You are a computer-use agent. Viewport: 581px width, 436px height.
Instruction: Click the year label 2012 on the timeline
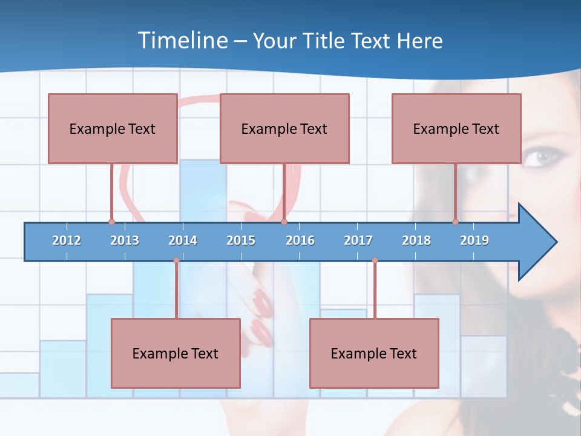click(67, 240)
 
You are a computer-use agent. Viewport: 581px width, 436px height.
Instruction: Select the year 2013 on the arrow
click(125, 240)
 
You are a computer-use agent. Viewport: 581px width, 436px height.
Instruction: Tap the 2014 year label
click(183, 240)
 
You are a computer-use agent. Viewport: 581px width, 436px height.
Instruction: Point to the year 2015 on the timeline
click(241, 240)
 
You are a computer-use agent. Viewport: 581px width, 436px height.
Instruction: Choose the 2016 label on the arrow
click(300, 240)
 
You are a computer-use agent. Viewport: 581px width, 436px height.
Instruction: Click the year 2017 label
click(358, 240)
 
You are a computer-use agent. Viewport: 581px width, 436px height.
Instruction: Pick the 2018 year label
click(416, 240)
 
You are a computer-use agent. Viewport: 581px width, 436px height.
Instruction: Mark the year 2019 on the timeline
click(474, 240)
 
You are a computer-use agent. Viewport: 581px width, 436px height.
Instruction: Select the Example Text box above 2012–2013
click(113, 128)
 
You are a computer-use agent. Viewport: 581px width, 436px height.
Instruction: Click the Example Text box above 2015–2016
click(284, 128)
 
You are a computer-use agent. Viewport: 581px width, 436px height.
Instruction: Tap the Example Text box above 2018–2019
click(456, 128)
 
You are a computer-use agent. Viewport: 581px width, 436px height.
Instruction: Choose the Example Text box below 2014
click(176, 353)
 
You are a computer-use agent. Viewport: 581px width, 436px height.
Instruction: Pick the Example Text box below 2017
click(374, 353)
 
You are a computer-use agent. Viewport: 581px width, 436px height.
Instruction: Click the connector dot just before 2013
click(111, 222)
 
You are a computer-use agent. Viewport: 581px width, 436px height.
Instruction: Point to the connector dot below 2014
click(176, 260)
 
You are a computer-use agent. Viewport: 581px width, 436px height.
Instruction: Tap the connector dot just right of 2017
click(375, 260)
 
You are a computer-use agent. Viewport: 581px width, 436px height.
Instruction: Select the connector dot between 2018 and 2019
click(455, 222)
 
